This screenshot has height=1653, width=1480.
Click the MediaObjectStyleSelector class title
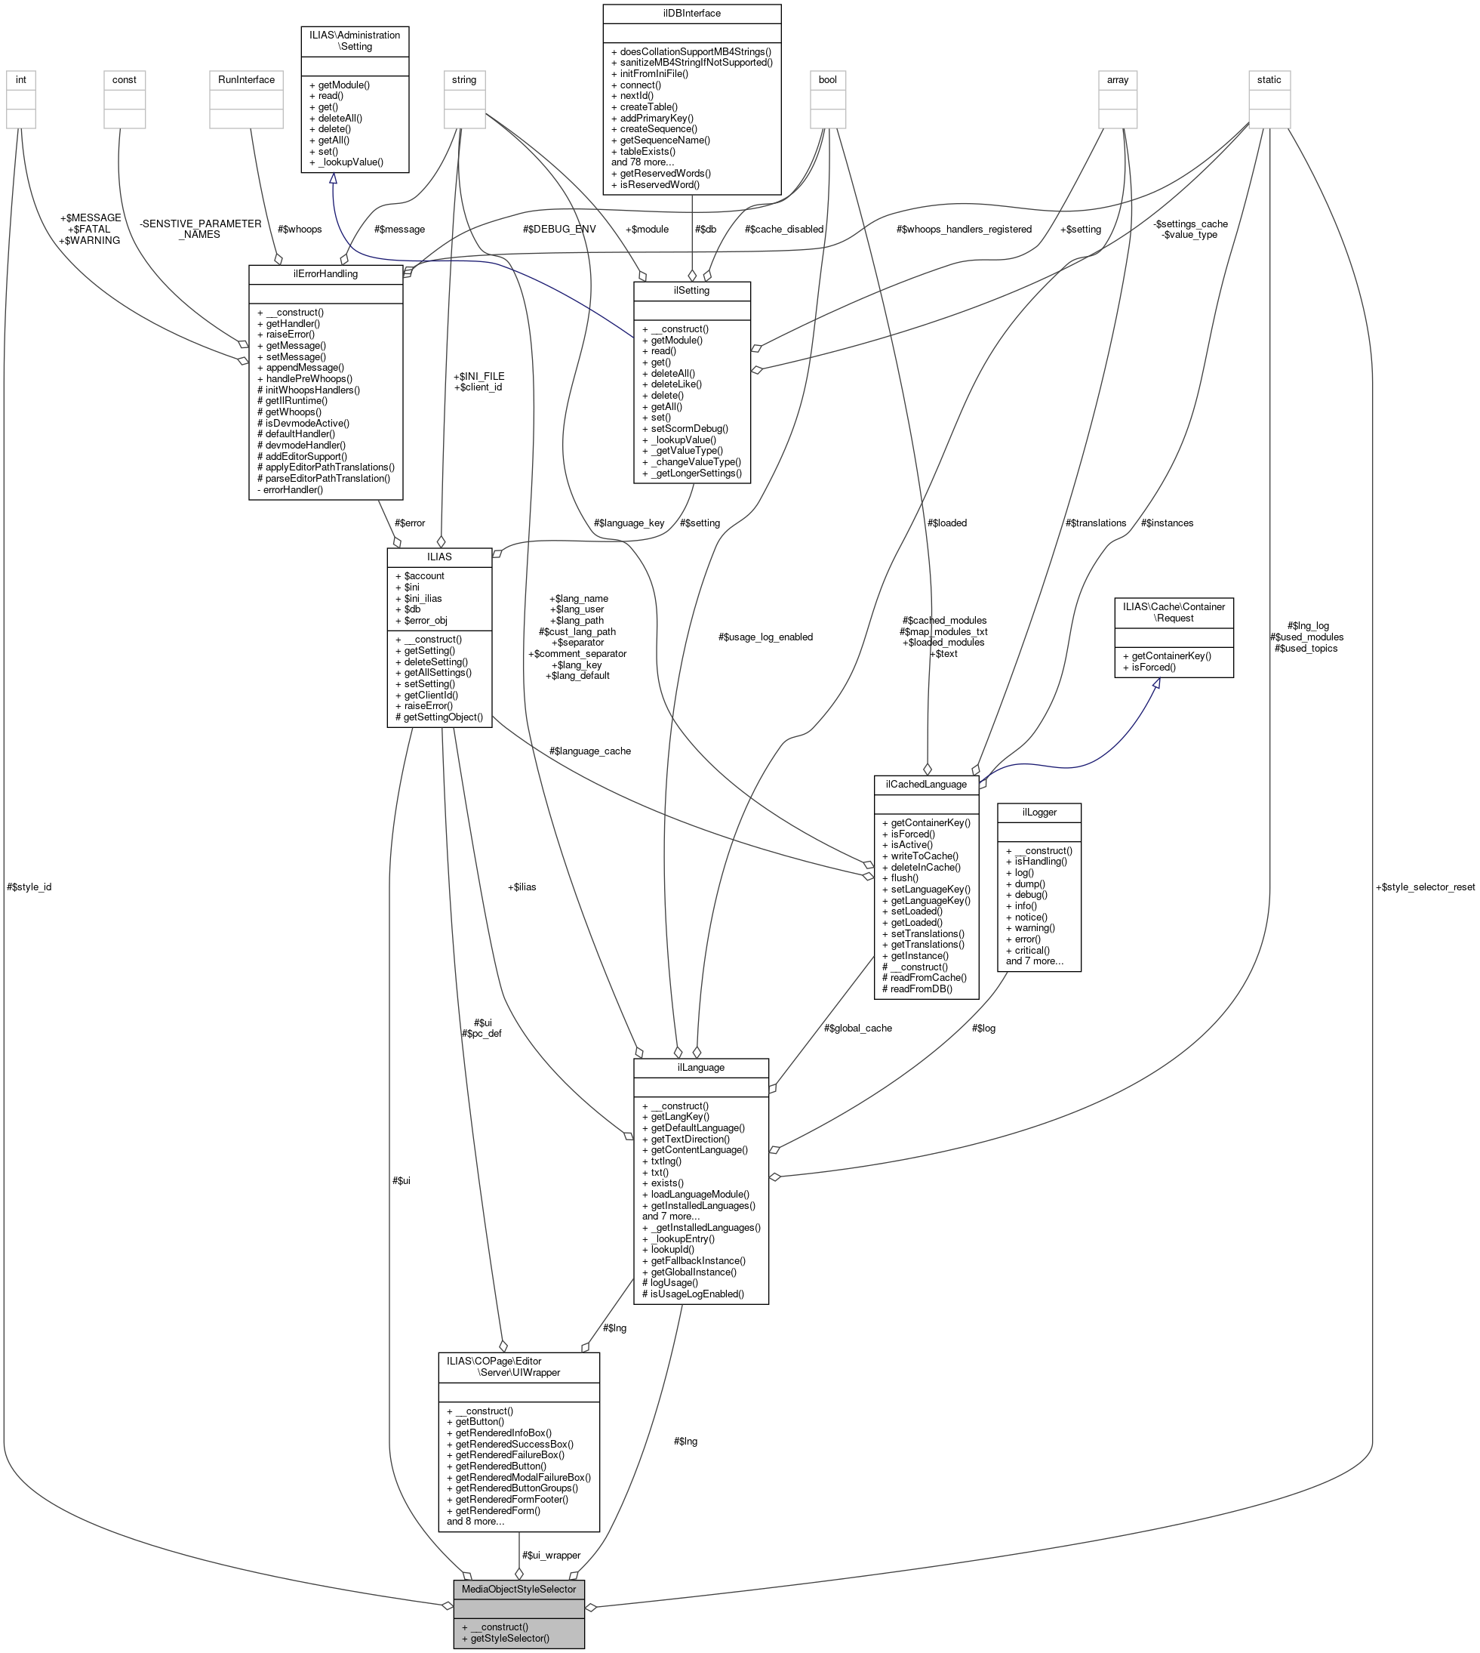click(x=518, y=1589)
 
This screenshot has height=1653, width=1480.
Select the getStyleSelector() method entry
click(x=505, y=1638)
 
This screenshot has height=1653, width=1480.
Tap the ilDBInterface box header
click(x=691, y=14)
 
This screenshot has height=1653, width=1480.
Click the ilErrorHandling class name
click(x=325, y=273)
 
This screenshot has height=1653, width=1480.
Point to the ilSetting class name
click(x=691, y=291)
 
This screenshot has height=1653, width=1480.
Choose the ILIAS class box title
click(x=439, y=557)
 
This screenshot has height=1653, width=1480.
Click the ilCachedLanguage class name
click(x=925, y=784)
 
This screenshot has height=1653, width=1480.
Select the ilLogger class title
click(x=1038, y=812)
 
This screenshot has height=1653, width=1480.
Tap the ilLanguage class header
click(x=700, y=1067)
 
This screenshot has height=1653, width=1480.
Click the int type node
click(x=21, y=80)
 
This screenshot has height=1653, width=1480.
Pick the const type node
click(x=125, y=80)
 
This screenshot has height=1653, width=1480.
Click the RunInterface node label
click(x=246, y=80)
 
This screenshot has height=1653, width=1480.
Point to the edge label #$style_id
click(x=29, y=887)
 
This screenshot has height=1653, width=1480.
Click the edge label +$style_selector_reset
click(x=1424, y=887)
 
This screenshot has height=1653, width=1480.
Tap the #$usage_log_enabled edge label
click(x=765, y=637)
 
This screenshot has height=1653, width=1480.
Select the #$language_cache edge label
click(x=589, y=751)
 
